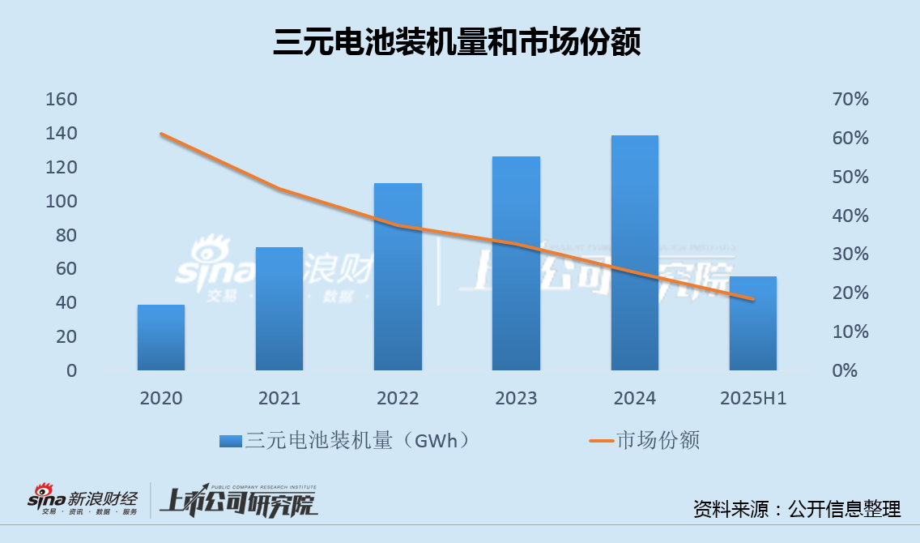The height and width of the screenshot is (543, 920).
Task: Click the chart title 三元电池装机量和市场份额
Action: pos(457,42)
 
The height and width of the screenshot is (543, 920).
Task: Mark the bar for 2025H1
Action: pos(753,323)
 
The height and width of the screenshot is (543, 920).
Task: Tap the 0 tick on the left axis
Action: pos(72,370)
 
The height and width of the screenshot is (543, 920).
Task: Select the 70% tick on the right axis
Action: pos(850,100)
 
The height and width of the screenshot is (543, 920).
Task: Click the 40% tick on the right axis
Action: pos(850,216)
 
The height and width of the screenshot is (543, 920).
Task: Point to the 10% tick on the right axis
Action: pos(850,331)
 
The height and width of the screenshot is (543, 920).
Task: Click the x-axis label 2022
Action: pos(398,398)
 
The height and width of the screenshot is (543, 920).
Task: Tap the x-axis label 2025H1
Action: pos(753,398)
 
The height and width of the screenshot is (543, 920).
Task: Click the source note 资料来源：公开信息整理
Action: pos(796,509)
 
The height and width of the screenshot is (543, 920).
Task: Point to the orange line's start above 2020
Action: pos(161,134)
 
